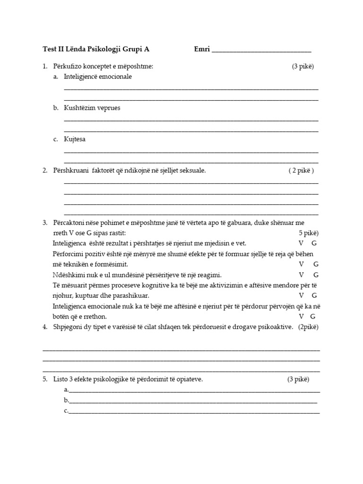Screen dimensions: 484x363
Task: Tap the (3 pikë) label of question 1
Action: (x=302, y=67)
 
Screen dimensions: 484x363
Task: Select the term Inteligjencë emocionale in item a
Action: (x=98, y=77)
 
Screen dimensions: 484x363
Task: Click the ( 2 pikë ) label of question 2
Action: (x=301, y=171)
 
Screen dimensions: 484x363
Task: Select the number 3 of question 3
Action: (x=44, y=223)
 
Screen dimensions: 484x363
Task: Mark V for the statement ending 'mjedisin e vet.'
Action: (x=301, y=243)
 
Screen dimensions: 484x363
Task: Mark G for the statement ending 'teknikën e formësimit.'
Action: (x=316, y=264)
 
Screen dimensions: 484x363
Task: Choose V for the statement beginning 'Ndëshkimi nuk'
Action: (x=301, y=275)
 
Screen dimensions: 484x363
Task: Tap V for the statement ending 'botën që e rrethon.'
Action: (x=301, y=316)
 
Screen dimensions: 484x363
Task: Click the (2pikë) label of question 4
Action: (x=308, y=327)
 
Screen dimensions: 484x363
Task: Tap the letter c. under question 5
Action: (x=66, y=411)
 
